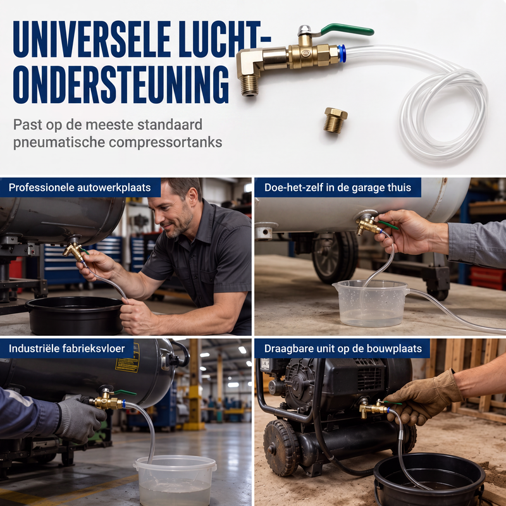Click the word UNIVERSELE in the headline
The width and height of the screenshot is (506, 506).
92,39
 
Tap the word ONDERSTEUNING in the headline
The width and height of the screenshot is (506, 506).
121,85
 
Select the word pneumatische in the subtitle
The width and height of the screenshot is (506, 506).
59,142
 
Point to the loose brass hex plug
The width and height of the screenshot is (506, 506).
335,120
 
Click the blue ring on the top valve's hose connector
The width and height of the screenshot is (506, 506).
342,54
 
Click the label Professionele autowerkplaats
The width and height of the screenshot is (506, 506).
80,187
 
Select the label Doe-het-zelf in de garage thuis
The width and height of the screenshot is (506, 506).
338,187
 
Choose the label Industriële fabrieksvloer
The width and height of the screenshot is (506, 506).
67,349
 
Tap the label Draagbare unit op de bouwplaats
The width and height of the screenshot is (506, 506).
343,349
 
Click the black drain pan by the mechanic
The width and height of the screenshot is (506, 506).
75,315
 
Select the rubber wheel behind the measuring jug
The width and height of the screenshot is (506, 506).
335,257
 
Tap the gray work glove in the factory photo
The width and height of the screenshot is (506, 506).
79,419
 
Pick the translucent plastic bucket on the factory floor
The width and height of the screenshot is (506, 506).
175,480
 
